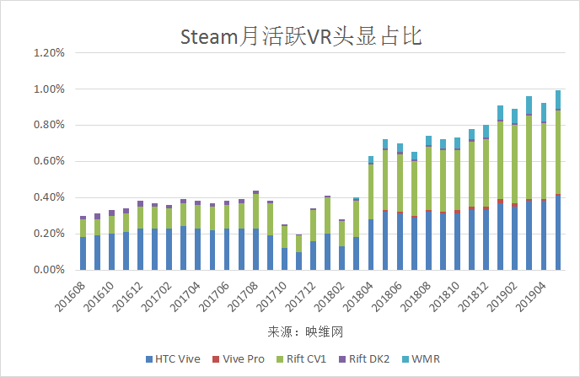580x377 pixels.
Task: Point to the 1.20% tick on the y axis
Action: pyautogui.click(x=47, y=52)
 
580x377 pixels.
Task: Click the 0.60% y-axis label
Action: pyautogui.click(x=47, y=161)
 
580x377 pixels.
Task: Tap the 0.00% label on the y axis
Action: pyautogui.click(x=47, y=270)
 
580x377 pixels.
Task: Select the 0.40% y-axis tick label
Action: pyautogui.click(x=47, y=197)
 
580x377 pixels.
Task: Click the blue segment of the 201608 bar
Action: pyautogui.click(x=83, y=253)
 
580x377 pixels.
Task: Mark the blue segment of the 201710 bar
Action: pyautogui.click(x=284, y=259)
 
